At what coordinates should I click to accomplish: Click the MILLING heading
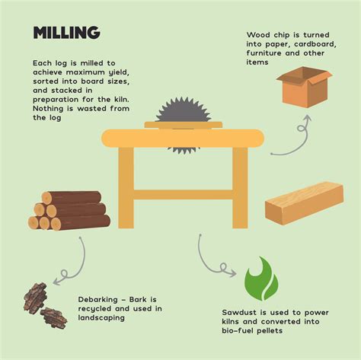pos(66,32)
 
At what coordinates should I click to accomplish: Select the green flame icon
pos(260,279)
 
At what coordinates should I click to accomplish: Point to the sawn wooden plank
pos(304,202)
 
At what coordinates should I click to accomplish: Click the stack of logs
pos(70,210)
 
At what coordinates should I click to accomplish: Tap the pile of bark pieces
pos(44,305)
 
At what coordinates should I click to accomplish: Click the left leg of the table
pos(126,186)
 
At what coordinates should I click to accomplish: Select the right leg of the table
pos(240,186)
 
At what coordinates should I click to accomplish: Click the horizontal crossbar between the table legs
pos(183,194)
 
